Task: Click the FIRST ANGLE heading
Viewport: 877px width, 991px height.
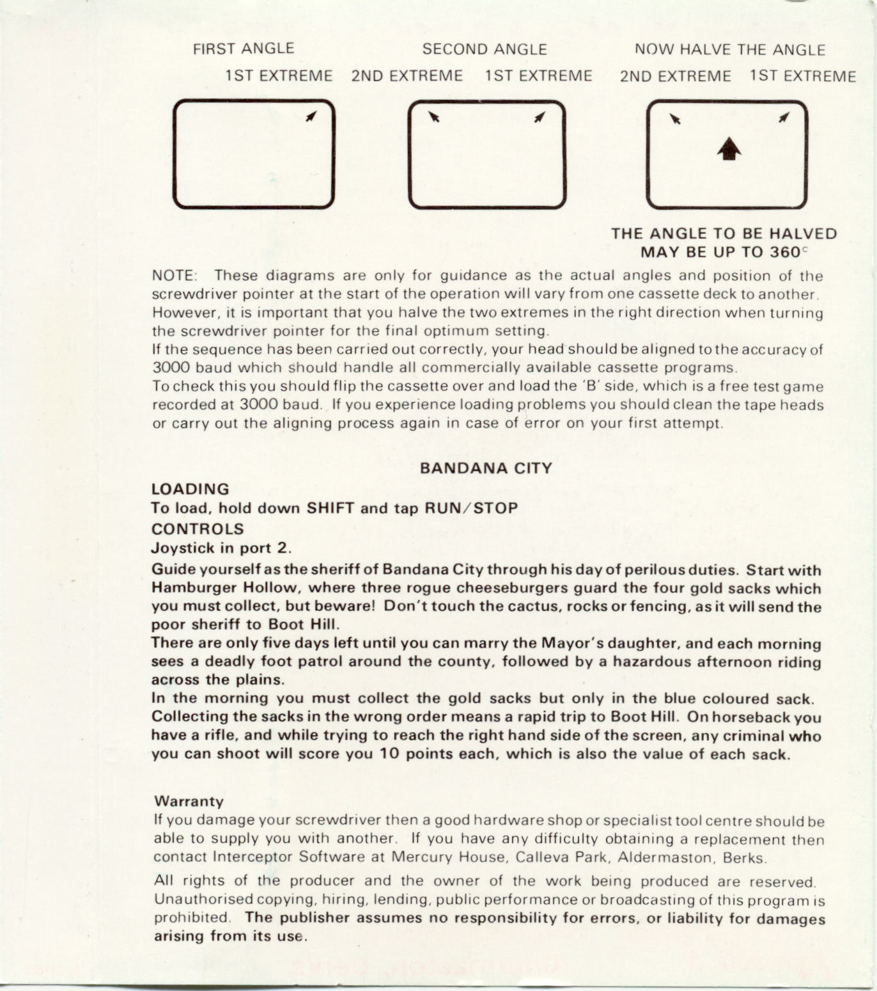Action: (x=244, y=49)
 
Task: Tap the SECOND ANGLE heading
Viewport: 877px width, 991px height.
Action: (x=485, y=49)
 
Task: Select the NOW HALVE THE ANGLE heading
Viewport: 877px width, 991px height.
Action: (x=730, y=49)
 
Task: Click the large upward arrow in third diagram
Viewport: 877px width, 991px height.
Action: (x=729, y=150)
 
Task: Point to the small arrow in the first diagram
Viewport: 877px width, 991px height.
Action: (x=311, y=116)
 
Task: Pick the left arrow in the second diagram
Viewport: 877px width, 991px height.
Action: (x=435, y=117)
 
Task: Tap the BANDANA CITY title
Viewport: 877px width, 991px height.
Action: (x=486, y=468)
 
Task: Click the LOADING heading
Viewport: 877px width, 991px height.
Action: (x=190, y=489)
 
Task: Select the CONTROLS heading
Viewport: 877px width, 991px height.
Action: (x=198, y=529)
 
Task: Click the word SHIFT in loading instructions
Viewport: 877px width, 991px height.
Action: (x=330, y=509)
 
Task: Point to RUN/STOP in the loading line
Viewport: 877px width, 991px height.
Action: (x=472, y=509)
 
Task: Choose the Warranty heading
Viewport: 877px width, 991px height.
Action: (x=189, y=802)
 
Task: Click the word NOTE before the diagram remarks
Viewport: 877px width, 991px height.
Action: (x=174, y=276)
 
